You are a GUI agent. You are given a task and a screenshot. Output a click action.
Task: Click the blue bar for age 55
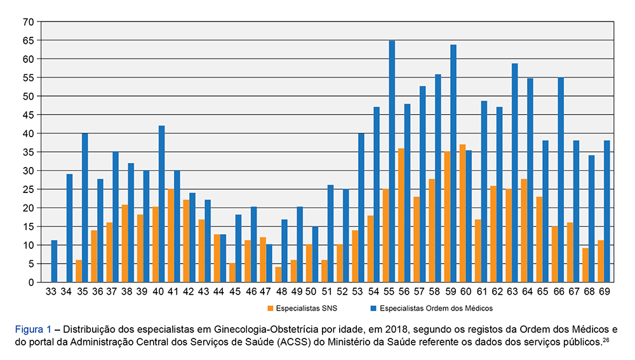click(x=392, y=161)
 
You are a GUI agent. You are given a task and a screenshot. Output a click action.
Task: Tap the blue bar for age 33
click(x=54, y=261)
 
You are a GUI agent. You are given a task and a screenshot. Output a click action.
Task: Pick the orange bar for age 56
click(x=401, y=215)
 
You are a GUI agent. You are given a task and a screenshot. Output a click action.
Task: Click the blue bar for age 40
click(x=161, y=204)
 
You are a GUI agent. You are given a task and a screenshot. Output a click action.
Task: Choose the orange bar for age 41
click(x=171, y=236)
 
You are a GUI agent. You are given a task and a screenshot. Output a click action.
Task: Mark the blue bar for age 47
click(x=269, y=263)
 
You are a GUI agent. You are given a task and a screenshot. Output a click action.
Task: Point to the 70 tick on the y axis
click(x=28, y=22)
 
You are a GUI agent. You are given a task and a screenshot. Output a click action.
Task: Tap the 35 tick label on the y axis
click(x=28, y=152)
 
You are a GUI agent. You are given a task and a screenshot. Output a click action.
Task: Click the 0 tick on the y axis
click(x=30, y=282)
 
